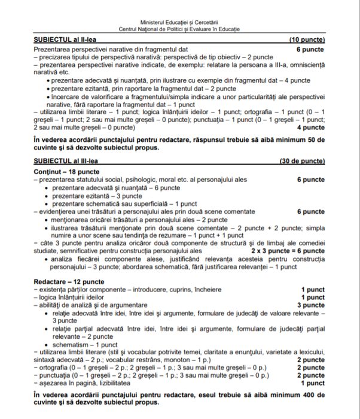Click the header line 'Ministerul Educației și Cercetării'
(x=179, y=22)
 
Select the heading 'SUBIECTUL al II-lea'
(x=62, y=39)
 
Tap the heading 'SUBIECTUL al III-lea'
(x=64, y=162)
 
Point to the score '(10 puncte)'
(x=307, y=39)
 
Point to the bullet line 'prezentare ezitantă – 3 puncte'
(x=95, y=196)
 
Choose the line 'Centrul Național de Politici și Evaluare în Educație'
(x=179, y=29)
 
